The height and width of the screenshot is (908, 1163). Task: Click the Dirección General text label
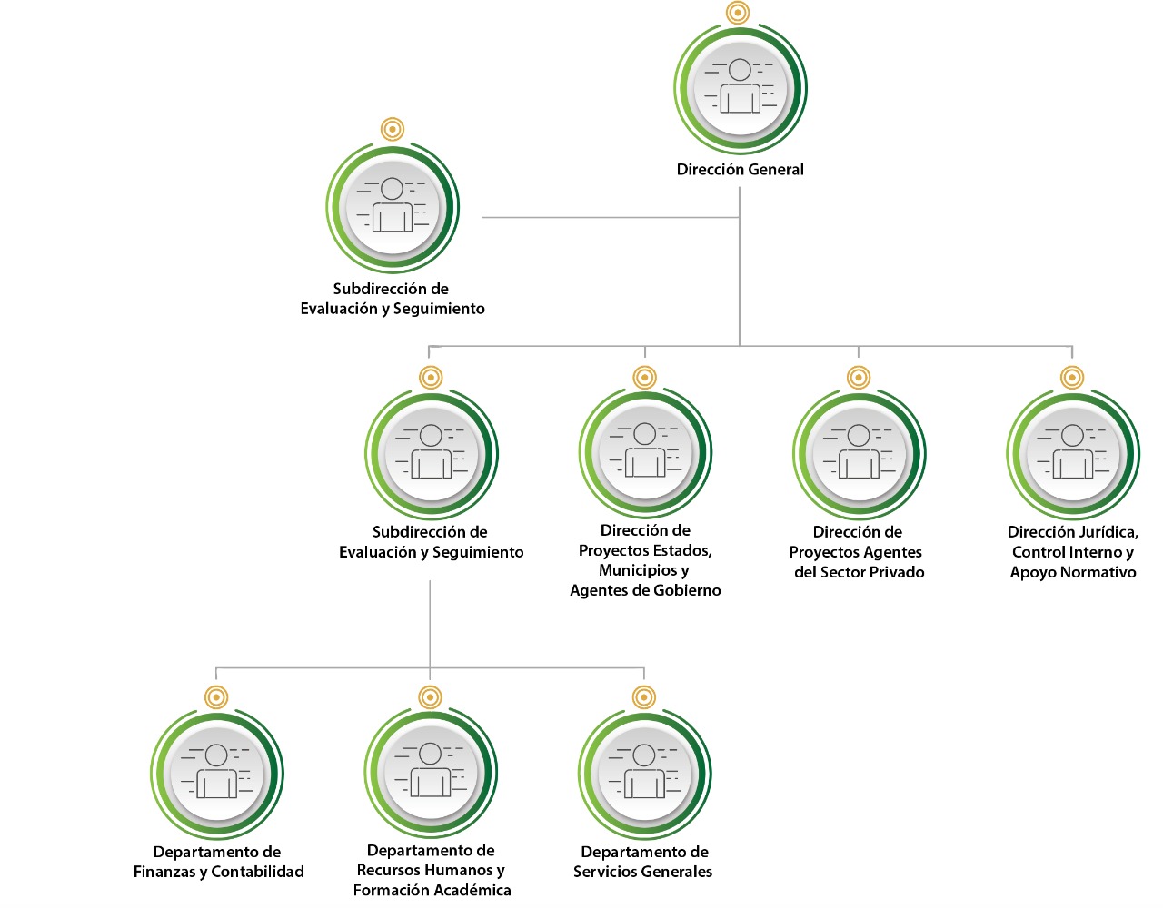coord(740,169)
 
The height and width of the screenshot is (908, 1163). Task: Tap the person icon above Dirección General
coord(741,88)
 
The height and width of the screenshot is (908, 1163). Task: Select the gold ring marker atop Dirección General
coord(738,13)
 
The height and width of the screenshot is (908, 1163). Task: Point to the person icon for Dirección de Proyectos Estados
coord(645,451)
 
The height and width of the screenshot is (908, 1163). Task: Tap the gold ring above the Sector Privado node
coord(859,377)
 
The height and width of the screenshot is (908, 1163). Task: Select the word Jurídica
coord(1106,532)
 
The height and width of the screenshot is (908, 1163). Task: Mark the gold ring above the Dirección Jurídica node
coord(1072,377)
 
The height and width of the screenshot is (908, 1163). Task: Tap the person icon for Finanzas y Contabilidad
coord(216,773)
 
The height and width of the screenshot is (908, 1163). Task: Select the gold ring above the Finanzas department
coord(216,697)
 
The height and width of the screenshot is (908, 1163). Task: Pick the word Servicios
coord(605,872)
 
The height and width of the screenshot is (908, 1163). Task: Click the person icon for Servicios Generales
coord(644,773)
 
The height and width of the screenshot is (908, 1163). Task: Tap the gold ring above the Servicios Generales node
coord(644,697)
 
